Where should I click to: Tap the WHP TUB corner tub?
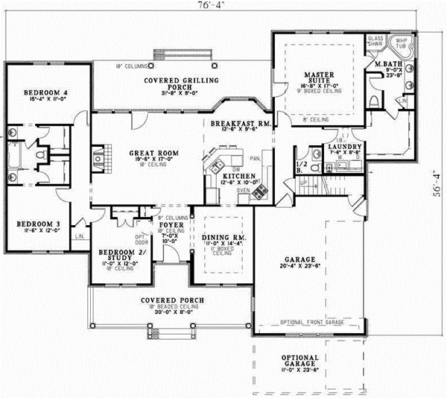(402, 43)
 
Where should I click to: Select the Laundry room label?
(345, 147)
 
